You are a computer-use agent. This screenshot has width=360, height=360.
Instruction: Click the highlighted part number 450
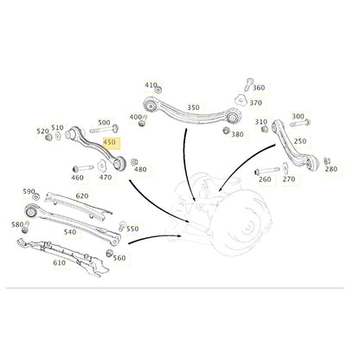coord(109,142)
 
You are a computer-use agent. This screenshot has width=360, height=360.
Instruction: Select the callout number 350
coord(193,107)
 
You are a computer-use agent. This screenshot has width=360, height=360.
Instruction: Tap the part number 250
coord(300,141)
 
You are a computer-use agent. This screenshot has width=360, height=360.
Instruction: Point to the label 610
coord(59,263)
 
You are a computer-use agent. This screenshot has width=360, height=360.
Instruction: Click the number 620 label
coord(82,196)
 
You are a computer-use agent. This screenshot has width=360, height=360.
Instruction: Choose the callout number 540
coord(70,232)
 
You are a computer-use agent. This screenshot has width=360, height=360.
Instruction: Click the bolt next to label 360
coord(248,84)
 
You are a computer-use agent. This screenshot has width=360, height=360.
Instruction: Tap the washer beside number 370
coord(239,100)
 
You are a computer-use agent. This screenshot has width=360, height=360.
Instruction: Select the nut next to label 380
coord(226,130)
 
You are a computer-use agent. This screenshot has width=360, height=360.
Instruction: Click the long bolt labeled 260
coord(267,170)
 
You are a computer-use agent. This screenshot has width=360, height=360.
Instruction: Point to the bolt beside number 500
coord(104,129)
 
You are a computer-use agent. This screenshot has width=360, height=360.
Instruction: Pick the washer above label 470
coord(101,165)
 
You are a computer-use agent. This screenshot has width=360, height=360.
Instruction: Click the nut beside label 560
coord(109,254)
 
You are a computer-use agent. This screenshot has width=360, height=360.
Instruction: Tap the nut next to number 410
coord(157,89)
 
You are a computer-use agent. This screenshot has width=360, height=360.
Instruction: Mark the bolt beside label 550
coord(122,227)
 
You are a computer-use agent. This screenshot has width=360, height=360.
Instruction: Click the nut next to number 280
coord(327,161)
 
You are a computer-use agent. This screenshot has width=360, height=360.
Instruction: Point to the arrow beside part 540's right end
coord(155,238)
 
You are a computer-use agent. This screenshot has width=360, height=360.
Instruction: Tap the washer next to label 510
coord(58,136)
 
